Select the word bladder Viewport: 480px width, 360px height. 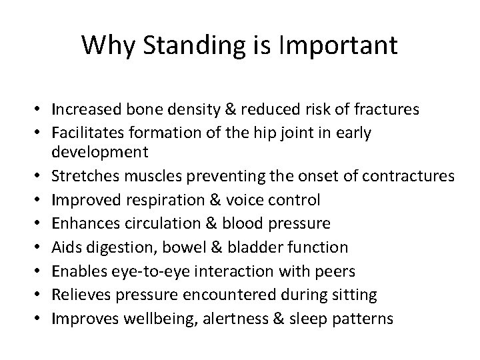pos(261,248)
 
